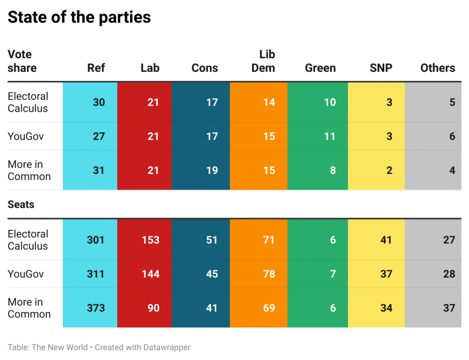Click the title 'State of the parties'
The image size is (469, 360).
pos(79,17)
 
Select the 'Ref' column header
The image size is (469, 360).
pos(96,68)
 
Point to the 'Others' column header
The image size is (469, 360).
pos(438,68)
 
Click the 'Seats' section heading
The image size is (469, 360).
pos(21,204)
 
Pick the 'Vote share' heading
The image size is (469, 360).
pos(22,61)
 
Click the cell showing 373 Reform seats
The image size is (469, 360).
pos(96,308)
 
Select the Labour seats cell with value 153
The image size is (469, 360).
pos(150,240)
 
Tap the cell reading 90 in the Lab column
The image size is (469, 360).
pos(153,308)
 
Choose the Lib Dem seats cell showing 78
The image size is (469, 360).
pos(269,274)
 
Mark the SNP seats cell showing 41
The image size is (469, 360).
pos(386,240)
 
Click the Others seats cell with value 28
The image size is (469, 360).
pos(449,274)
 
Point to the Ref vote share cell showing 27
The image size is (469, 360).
pos(99,136)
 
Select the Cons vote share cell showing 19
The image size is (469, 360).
pos(212,170)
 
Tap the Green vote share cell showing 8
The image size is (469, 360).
pos(333,170)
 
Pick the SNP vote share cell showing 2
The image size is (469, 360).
pos(389,170)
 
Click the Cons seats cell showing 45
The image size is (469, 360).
pos(212,274)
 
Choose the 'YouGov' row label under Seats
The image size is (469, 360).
pos(26,274)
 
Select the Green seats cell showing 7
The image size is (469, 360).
pos(333,274)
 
